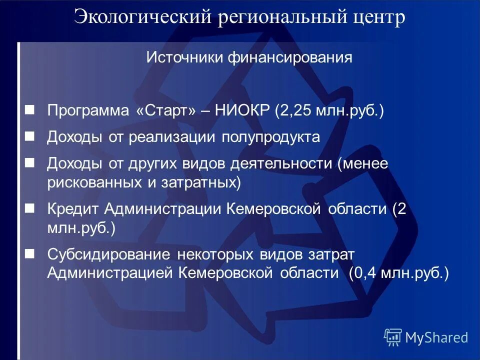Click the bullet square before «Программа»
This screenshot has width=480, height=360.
coord(30,109)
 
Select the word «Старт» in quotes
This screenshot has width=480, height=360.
coord(165,111)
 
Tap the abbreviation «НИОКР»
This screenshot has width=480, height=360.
coord(242,111)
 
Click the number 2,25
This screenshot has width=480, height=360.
coord(295,111)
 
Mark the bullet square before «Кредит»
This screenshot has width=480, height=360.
coord(30,207)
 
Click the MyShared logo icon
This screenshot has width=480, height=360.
coord(393,338)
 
